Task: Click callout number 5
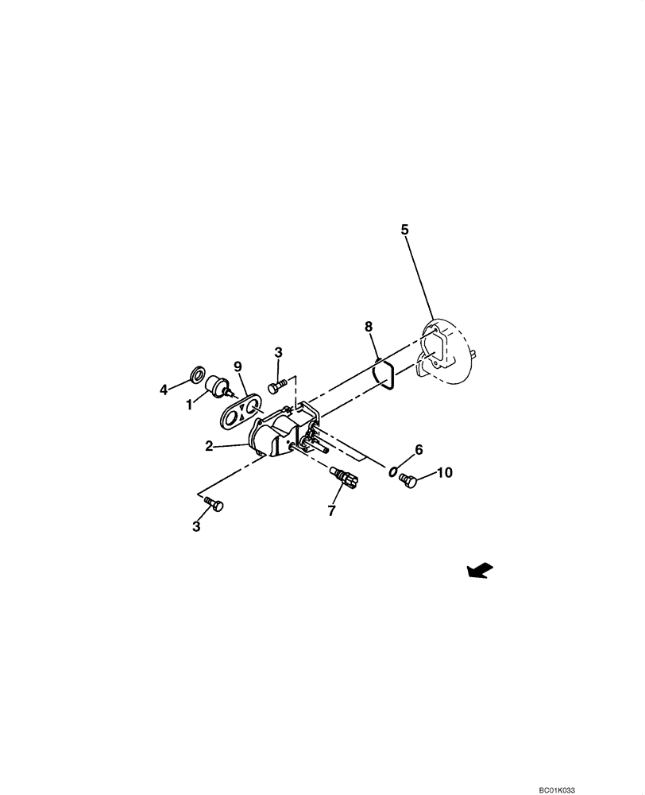pos(404,230)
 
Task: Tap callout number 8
pos(368,326)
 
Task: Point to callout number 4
pos(164,390)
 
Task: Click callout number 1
pos(189,404)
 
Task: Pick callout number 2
pos(209,447)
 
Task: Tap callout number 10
pos(444,472)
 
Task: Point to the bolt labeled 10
pos(408,480)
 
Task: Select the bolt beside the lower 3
pos(214,502)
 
